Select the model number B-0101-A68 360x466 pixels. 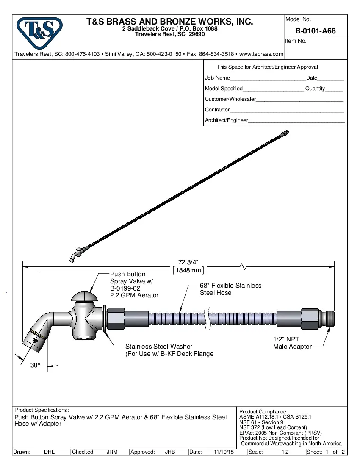click(316, 31)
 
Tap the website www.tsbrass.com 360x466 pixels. click(261, 54)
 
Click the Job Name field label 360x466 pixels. click(217, 78)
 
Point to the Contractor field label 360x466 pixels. click(217, 110)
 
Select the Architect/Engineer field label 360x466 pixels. click(227, 120)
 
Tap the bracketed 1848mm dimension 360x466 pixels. click(188, 270)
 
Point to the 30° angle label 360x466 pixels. click(35, 366)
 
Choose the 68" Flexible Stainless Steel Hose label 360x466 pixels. click(230, 289)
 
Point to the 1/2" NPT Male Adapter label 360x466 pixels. click(292, 343)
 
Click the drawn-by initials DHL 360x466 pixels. click(50, 452)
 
